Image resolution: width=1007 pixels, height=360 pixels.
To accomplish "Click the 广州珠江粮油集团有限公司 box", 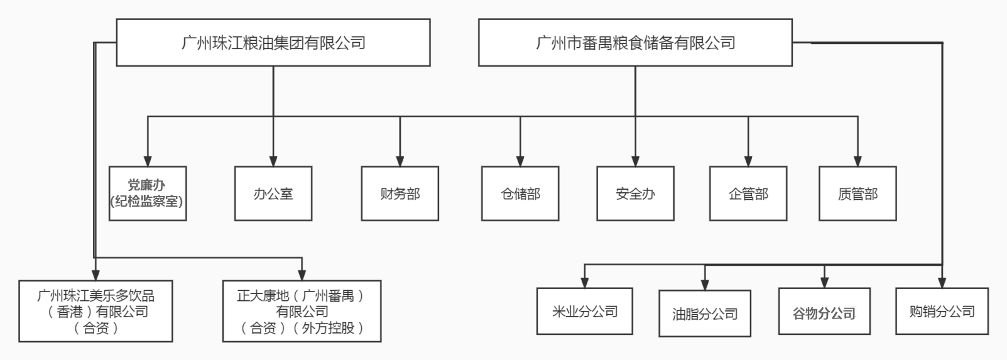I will coord(273,43).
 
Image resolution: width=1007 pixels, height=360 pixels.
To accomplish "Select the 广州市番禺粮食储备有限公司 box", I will coord(635,43).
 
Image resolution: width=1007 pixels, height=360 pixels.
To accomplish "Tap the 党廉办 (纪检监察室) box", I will coord(148,194).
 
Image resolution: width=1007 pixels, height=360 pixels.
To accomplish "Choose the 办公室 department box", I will coord(273,194).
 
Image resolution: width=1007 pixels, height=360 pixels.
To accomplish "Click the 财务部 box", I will coord(400,194).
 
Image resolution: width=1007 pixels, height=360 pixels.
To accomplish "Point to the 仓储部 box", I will coord(520,194).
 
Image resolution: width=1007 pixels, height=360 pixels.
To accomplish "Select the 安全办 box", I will coord(635,194).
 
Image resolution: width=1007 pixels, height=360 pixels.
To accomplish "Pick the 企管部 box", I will coord(748,194).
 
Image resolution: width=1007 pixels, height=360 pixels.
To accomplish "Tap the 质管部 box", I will coord(857,194).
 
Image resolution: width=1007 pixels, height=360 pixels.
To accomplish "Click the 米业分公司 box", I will coord(584,312).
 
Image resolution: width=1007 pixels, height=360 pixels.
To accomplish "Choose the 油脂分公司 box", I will coord(705,314).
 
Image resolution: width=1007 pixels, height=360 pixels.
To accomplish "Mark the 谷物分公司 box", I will coord(824,312).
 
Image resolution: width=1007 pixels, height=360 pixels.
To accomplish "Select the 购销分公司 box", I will coord(942,311).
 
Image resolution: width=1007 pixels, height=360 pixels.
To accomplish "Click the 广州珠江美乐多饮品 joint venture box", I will coord(95,312).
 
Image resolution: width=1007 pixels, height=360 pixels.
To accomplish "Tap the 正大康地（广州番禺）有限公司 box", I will coord(302,312).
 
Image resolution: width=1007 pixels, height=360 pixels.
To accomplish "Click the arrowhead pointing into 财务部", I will coord(400,161).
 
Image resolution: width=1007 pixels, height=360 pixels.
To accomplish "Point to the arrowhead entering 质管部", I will coord(857,161).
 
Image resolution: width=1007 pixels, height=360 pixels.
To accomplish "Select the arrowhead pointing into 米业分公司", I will coord(584,282).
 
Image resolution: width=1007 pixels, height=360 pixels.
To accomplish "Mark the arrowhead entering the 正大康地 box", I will coord(302,275).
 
